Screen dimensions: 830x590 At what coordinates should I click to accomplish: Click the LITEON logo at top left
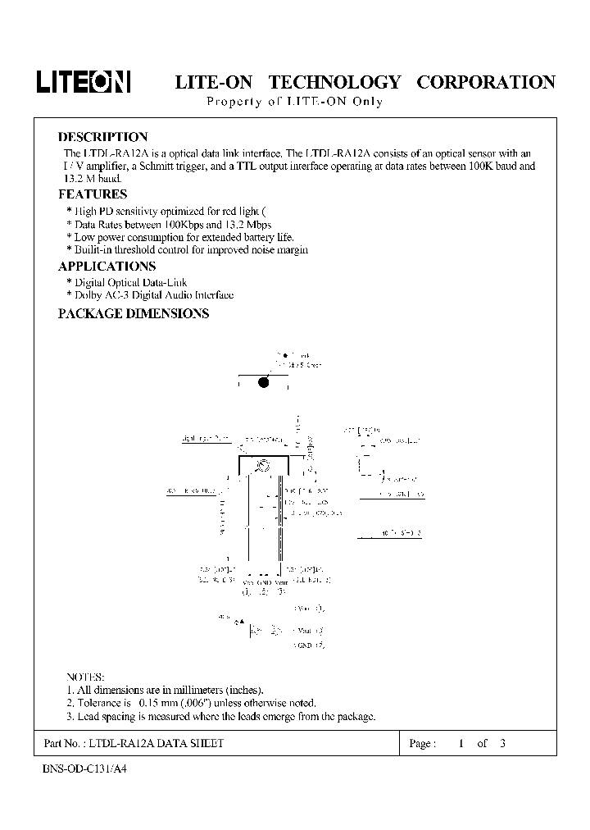click(x=84, y=82)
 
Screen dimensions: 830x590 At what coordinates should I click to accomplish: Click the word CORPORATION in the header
click(x=487, y=82)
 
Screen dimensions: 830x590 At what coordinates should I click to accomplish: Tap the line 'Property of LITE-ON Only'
click(x=293, y=102)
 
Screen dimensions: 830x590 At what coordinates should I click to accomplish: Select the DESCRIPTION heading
click(x=102, y=137)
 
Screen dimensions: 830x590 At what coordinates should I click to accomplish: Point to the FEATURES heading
click(x=93, y=194)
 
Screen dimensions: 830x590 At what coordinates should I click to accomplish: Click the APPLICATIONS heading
click(x=107, y=266)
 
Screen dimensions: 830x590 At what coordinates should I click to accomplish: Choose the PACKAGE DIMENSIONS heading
click(x=134, y=313)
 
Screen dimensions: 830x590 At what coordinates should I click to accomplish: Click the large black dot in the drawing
click(x=264, y=382)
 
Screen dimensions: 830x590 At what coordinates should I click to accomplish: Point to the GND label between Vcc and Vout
click(x=263, y=582)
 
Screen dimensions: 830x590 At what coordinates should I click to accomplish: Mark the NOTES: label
click(x=85, y=677)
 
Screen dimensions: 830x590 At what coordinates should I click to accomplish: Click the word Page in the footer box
click(x=420, y=743)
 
